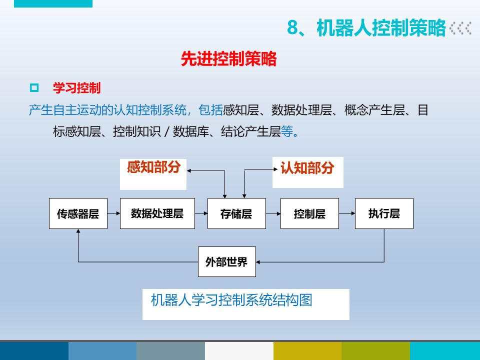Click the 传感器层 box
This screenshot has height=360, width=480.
click(78, 214)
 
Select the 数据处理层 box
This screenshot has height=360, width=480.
click(157, 214)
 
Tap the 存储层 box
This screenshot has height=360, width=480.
click(236, 214)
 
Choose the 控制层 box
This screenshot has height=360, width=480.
click(309, 214)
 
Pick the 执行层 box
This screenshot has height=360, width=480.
click(384, 214)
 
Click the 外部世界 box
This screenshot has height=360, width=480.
click(226, 261)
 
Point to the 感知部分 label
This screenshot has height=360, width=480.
click(153, 167)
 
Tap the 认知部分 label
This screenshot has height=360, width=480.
click(306, 168)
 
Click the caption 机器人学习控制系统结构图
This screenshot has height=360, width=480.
click(231, 300)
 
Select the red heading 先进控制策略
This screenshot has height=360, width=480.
click(228, 59)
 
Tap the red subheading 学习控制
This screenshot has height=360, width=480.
click(77, 88)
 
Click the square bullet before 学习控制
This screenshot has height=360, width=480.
click(34, 88)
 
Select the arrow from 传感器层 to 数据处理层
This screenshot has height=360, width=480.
click(114, 213)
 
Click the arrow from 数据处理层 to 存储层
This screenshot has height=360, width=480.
click(201, 213)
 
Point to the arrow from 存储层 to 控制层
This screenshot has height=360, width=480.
click(272, 213)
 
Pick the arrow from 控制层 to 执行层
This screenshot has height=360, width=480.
click(346, 213)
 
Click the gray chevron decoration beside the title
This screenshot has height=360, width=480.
click(460, 28)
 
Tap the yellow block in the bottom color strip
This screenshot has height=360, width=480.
click(307, 351)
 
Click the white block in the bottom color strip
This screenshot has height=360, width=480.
click(239, 351)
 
